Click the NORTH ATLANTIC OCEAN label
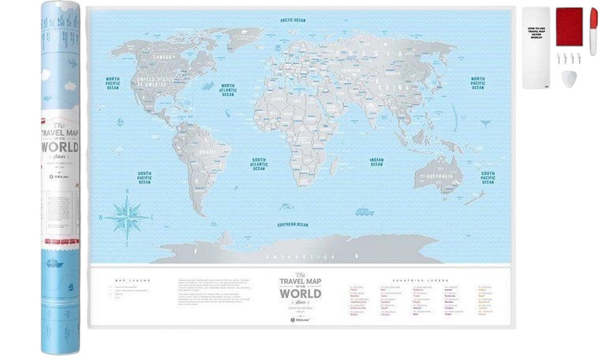point(227,87)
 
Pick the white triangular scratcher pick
point(571,77)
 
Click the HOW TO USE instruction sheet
point(535,47)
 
